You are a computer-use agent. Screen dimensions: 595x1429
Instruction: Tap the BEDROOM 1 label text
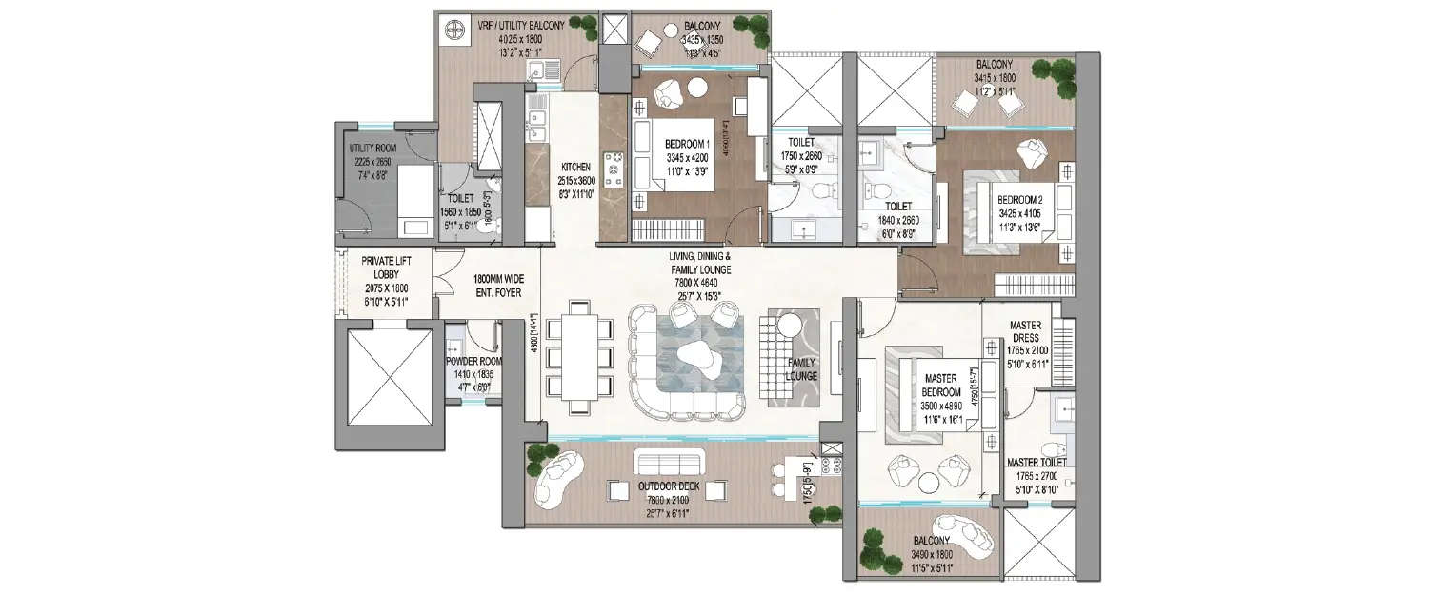click(x=687, y=144)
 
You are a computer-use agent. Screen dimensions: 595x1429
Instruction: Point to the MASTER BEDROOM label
click(x=939, y=378)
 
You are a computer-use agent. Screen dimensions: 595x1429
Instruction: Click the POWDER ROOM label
click(x=473, y=362)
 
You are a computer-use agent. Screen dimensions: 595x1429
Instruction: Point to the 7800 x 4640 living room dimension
click(x=700, y=283)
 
